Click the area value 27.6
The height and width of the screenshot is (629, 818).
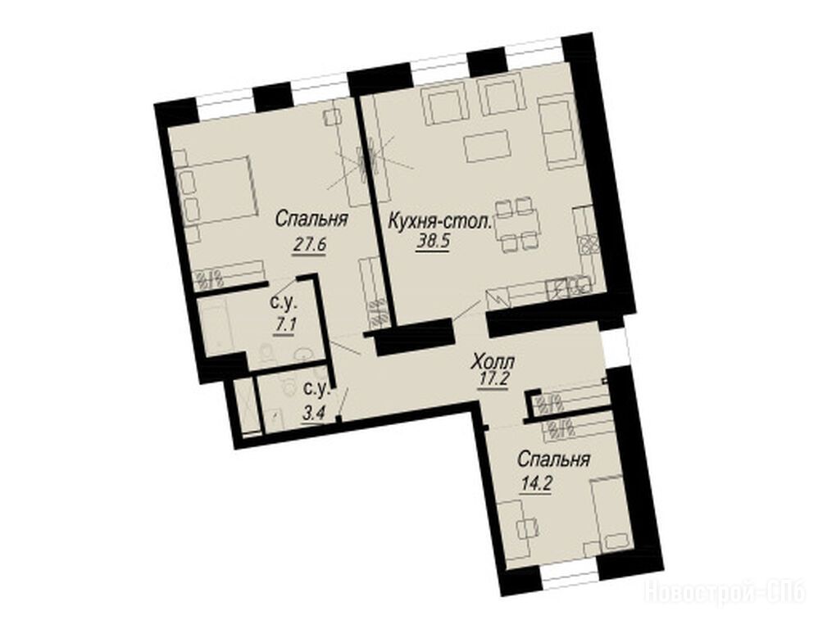(x=309, y=244)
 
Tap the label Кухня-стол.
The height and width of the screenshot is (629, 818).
(x=439, y=223)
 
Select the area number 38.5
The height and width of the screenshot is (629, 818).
(x=433, y=242)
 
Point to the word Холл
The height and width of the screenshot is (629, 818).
(x=493, y=361)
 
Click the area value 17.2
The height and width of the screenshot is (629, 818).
(x=493, y=378)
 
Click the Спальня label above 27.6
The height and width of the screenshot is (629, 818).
(x=311, y=219)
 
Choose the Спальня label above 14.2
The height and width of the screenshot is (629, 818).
(x=553, y=460)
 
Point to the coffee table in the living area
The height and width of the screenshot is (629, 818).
(x=487, y=147)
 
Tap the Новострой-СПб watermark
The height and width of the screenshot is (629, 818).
(x=725, y=592)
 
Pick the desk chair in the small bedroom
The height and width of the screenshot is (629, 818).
(x=527, y=530)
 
